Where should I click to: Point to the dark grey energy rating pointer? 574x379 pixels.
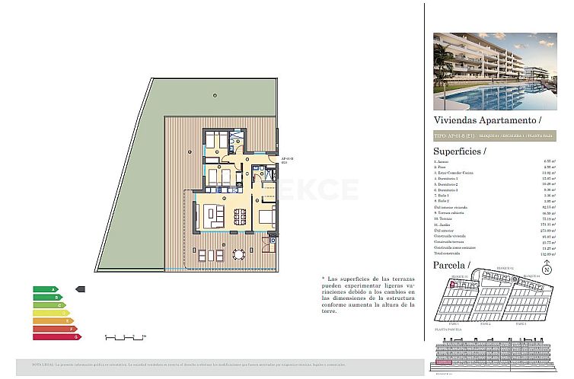pos(81,289)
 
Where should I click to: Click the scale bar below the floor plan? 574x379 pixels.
pos(123,336)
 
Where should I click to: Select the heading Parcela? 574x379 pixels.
pos(451,264)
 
